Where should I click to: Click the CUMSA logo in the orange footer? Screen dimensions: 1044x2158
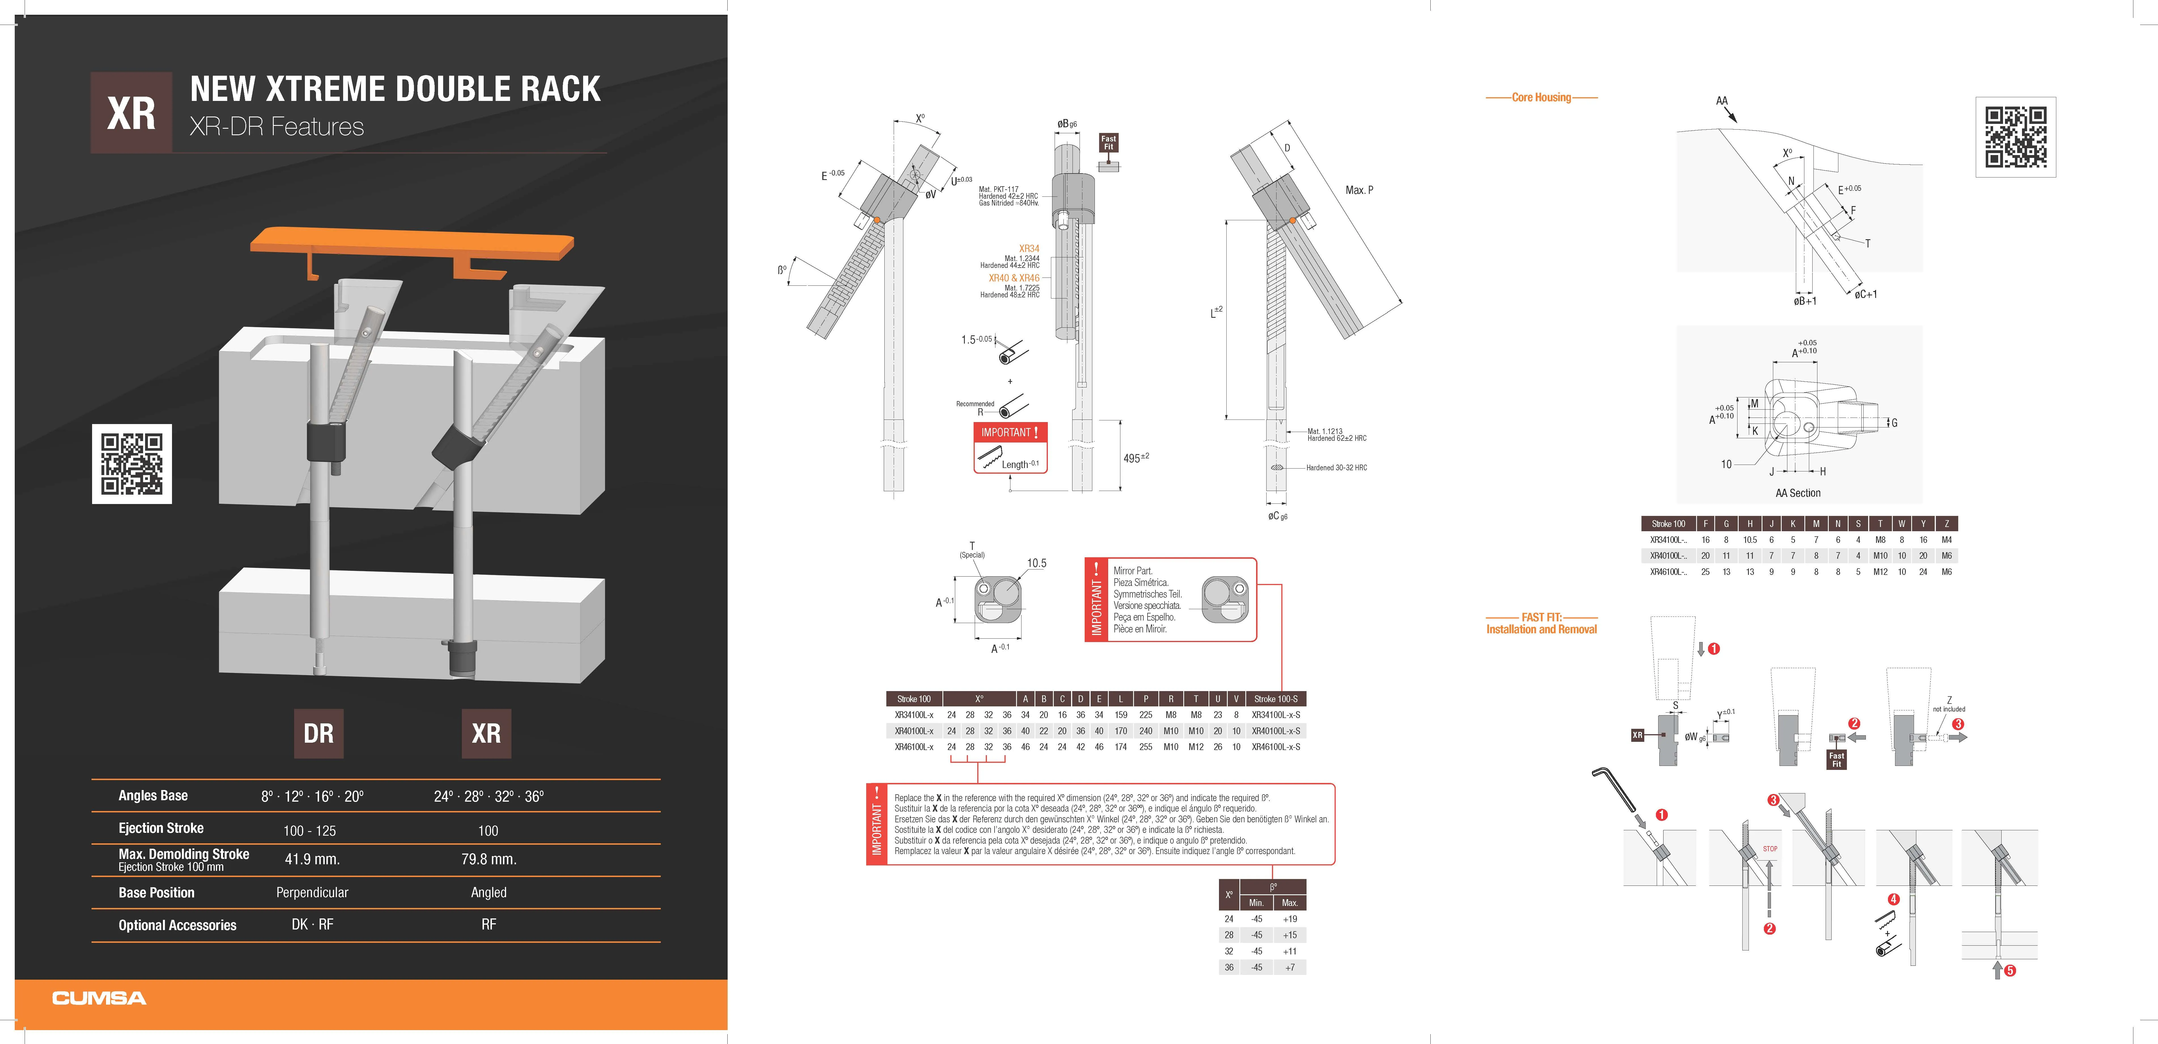[x=99, y=998]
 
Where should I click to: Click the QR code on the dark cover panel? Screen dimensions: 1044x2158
[x=131, y=463]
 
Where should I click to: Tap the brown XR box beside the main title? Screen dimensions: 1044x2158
[x=131, y=112]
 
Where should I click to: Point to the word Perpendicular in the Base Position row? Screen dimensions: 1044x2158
[x=312, y=892]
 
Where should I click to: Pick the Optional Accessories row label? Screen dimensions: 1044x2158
[x=177, y=925]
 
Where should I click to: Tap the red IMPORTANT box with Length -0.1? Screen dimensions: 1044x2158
[x=1010, y=448]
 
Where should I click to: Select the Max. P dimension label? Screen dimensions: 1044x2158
[x=1359, y=190]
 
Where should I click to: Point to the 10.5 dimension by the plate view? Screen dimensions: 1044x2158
[x=1036, y=563]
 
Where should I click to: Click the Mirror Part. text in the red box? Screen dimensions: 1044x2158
[x=1133, y=571]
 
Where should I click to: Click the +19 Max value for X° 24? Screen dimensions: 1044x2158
[x=1289, y=919]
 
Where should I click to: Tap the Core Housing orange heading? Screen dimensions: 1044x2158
[x=1541, y=97]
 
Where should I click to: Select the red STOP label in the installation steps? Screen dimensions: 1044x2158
[x=1769, y=849]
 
